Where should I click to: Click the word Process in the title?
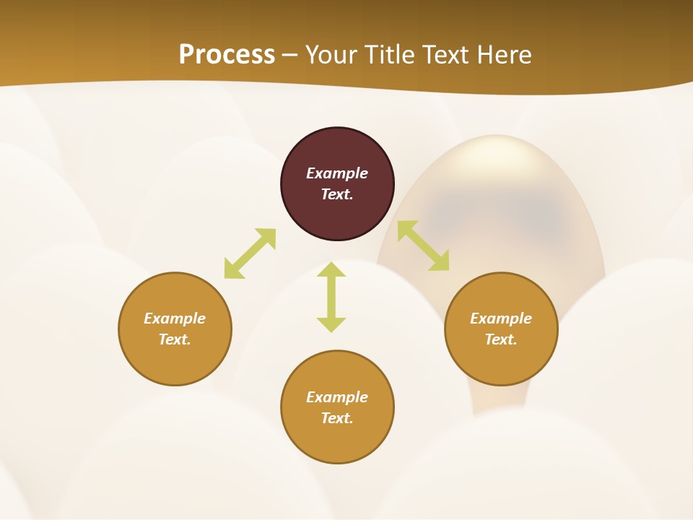(x=227, y=55)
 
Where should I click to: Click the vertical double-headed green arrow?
(x=331, y=297)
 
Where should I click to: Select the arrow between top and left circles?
(x=250, y=253)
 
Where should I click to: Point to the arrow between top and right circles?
(x=423, y=246)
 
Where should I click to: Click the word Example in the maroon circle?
(x=337, y=173)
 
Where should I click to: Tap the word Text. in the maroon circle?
(x=337, y=194)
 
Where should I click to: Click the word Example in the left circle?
(x=175, y=318)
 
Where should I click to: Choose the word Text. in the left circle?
(x=175, y=339)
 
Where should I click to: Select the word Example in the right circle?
(x=501, y=318)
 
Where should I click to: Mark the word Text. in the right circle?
(x=501, y=339)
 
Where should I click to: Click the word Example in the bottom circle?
(x=337, y=397)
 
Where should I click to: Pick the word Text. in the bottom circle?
(x=337, y=418)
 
